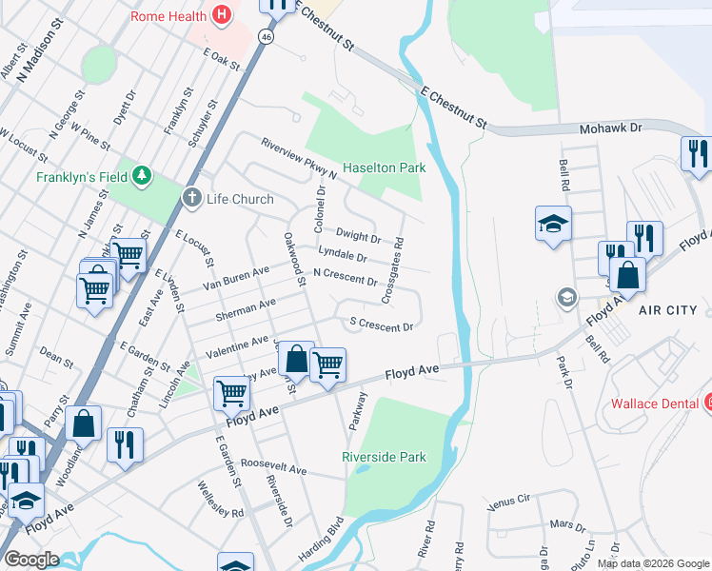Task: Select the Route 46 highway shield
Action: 266,36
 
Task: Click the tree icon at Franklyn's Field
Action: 142,176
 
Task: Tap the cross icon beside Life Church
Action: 191,199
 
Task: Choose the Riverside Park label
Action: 385,457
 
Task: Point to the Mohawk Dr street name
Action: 610,127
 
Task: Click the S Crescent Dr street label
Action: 382,325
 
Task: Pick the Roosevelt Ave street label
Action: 273,470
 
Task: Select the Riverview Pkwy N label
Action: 300,158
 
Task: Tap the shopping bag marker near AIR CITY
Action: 627,275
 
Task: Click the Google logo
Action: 30,560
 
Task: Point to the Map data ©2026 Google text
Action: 652,563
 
